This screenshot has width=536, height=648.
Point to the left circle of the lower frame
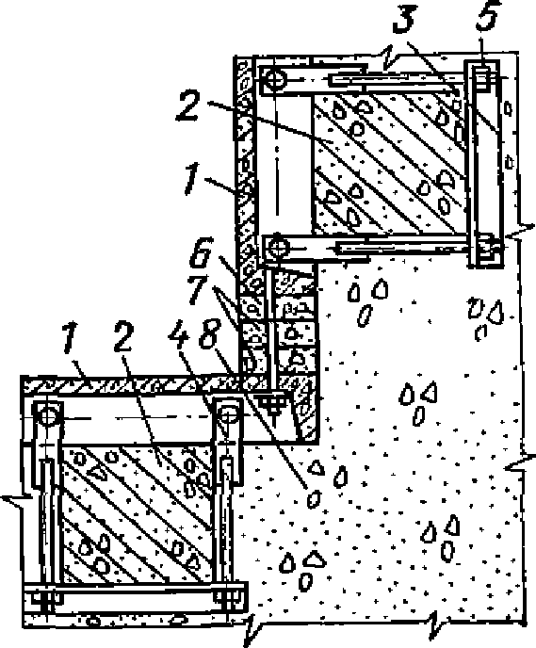click(48, 414)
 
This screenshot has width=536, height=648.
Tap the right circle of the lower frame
click(228, 413)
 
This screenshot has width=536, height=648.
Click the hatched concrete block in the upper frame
click(389, 163)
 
